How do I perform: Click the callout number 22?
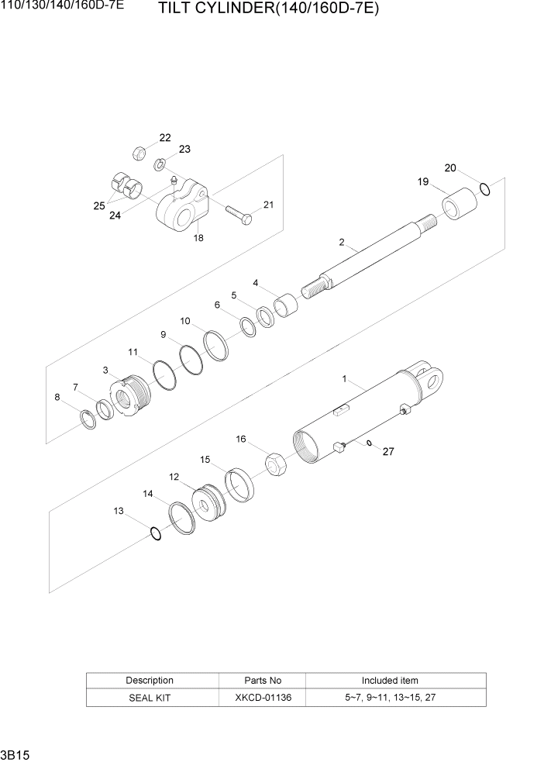point(165,138)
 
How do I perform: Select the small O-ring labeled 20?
point(485,188)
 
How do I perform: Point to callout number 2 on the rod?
point(341,243)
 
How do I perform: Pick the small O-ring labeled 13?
point(155,533)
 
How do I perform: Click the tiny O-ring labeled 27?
point(370,443)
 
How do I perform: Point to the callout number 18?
point(198,239)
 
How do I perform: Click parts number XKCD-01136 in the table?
point(263,698)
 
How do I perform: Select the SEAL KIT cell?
point(150,698)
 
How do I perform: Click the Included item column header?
point(390,681)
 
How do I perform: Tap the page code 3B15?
point(12,754)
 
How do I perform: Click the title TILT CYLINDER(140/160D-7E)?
point(268,9)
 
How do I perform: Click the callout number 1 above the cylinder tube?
point(343,379)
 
